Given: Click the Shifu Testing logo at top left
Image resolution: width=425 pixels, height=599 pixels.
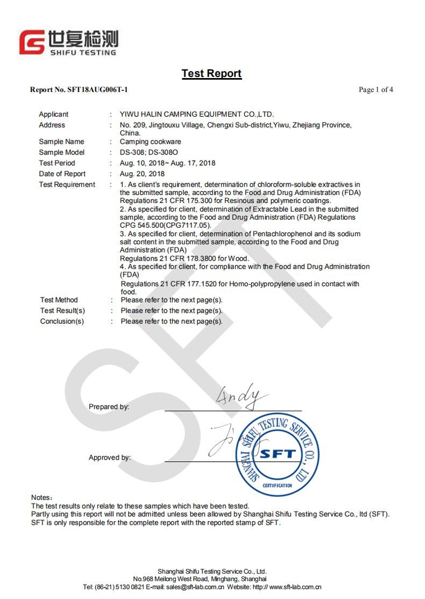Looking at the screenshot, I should [68, 42].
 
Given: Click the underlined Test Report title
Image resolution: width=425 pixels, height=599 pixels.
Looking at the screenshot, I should [211, 74].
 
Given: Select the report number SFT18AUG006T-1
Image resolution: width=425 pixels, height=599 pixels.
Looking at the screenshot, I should [97, 90].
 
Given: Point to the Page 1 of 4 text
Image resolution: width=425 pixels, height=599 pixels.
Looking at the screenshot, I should [376, 90].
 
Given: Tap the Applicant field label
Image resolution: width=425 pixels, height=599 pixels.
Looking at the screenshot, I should [54, 114].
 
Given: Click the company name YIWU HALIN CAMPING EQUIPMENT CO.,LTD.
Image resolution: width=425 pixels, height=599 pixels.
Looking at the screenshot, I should [197, 114].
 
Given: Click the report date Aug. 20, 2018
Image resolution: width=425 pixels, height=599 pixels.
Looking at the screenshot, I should [142, 174].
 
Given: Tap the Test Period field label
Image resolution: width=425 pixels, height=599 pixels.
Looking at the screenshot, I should [57, 163].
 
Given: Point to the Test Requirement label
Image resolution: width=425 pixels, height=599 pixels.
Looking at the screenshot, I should [67, 185].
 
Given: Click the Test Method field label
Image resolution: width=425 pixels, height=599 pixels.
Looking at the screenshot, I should [59, 300].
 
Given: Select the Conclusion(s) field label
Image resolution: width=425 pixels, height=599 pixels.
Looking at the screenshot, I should [62, 321].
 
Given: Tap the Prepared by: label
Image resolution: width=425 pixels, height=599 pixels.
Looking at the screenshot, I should [109, 407].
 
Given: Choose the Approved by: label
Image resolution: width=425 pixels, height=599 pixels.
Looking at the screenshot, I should [110, 457].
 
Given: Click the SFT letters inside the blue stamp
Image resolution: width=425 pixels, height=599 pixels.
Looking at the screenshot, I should [278, 454].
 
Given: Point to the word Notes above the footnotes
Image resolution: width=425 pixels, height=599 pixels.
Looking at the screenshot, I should [41, 498].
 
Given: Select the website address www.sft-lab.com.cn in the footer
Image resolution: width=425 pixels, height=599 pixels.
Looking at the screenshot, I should [295, 587].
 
